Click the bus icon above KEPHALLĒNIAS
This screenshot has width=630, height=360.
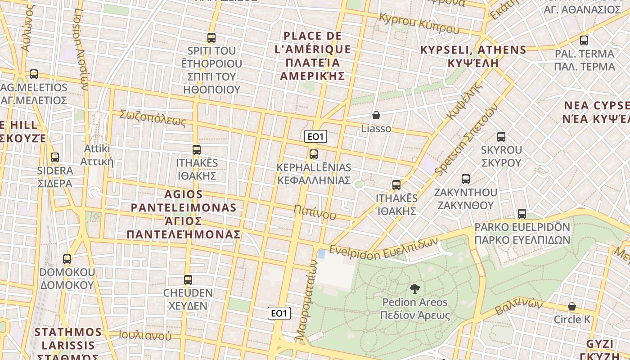tap(314, 154)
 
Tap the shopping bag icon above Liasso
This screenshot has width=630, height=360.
tap(376, 116)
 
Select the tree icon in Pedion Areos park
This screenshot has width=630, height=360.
tap(414, 289)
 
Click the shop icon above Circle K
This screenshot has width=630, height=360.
tap(571, 306)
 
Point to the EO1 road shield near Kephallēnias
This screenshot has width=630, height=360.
tap(315, 136)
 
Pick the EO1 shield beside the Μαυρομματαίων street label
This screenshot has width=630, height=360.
tap(279, 313)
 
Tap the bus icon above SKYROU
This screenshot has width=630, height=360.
tap(501, 137)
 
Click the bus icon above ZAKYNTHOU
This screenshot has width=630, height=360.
tap(466, 179)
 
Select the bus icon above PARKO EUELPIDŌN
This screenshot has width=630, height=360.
tap(522, 214)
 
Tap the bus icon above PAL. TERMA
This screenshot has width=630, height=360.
tap(584, 40)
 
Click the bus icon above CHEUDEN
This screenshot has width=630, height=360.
tap(188, 280)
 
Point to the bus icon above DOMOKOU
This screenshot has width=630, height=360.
tap(67, 259)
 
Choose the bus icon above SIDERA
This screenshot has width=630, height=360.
tap(55, 157)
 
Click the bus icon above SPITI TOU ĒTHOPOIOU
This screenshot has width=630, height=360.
tap(211, 38)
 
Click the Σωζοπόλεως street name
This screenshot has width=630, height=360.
tap(153, 117)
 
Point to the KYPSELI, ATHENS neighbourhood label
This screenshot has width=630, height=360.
tap(473, 56)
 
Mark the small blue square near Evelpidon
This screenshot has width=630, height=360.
tap(322, 254)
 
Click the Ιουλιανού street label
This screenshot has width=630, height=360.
tap(145, 335)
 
